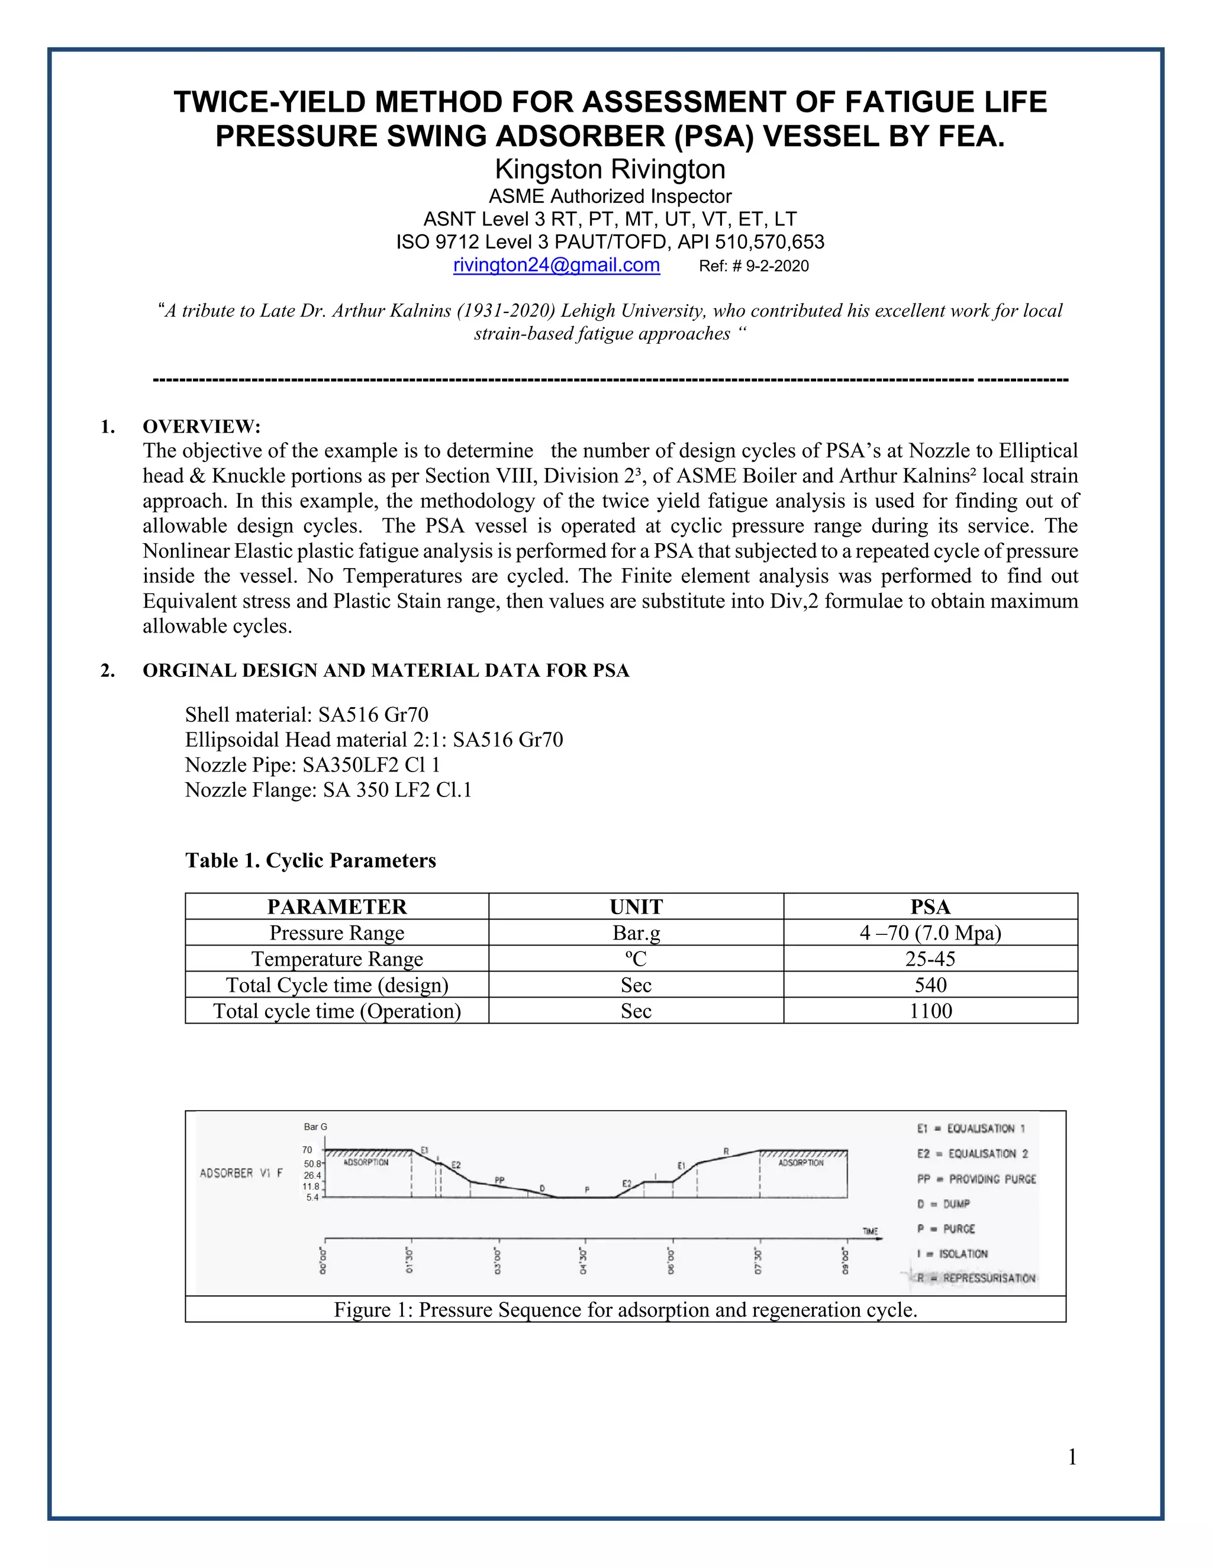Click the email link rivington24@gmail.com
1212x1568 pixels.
tap(556, 265)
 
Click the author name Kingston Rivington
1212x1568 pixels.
tap(610, 169)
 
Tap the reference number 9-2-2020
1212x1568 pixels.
tap(754, 266)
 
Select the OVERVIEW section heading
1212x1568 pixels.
tap(201, 427)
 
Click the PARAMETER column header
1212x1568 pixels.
tap(337, 906)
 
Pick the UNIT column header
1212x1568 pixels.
tap(636, 906)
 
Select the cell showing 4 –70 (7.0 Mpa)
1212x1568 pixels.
tap(930, 933)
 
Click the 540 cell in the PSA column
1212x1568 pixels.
tap(930, 985)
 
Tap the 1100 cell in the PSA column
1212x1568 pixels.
tap(930, 1011)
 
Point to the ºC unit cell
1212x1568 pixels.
tap(636, 959)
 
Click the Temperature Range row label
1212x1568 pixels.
tap(337, 959)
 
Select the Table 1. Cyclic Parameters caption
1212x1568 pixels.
tap(310, 860)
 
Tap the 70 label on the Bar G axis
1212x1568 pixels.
tap(307, 1150)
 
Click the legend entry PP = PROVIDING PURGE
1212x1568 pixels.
tap(976, 1179)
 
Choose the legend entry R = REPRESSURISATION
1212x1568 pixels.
tap(976, 1278)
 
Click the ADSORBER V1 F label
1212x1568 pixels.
tap(241, 1173)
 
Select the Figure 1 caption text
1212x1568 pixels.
tap(626, 1309)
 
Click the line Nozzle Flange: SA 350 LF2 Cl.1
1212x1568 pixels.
tap(328, 790)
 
